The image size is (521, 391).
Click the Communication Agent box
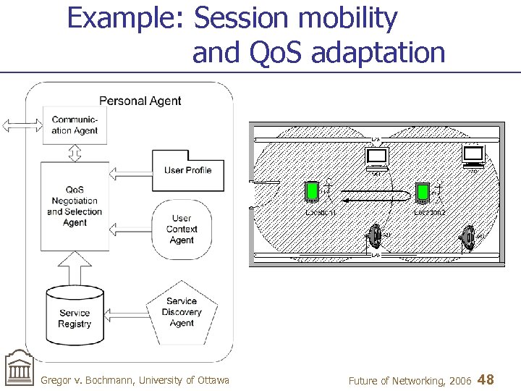[75, 125]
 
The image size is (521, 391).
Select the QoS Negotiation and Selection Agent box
[75, 206]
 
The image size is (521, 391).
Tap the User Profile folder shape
[187, 170]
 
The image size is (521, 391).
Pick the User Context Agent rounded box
[182, 229]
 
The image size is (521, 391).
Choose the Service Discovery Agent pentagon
[182, 312]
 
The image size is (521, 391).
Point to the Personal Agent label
[140, 101]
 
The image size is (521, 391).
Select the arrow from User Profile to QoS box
[130, 173]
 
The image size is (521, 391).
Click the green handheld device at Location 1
[312, 190]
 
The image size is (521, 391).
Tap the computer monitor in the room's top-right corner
[473, 156]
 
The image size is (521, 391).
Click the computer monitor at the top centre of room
[377, 158]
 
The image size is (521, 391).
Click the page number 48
[486, 379]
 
